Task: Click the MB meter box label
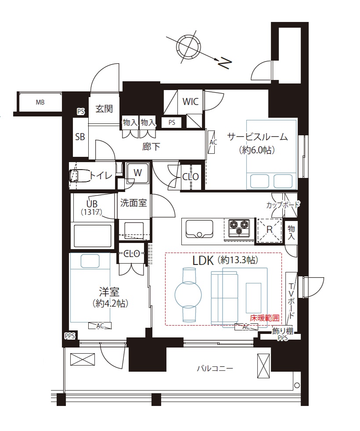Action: pyautogui.click(x=40, y=102)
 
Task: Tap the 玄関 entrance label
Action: pyautogui.click(x=104, y=109)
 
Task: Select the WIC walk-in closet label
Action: pyautogui.click(x=190, y=101)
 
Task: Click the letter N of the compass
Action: pyautogui.click(x=225, y=63)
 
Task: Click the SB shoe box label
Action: pyautogui.click(x=80, y=137)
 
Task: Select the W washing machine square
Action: pyautogui.click(x=137, y=173)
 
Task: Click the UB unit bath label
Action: pyautogui.click(x=92, y=204)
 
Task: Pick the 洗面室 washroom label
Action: pyautogui.click(x=133, y=203)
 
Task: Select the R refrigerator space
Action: pyautogui.click(x=270, y=229)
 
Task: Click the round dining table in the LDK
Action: pyautogui.click(x=188, y=294)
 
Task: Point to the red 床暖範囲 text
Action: pyautogui.click(x=265, y=318)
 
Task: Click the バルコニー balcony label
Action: pyautogui.click(x=215, y=368)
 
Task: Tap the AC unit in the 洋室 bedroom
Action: pyautogui.click(x=100, y=326)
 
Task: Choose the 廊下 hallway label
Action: pyautogui.click(x=151, y=146)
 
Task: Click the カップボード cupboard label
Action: pyautogui.click(x=283, y=205)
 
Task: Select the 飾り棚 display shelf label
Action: pyautogui.click(x=283, y=331)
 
